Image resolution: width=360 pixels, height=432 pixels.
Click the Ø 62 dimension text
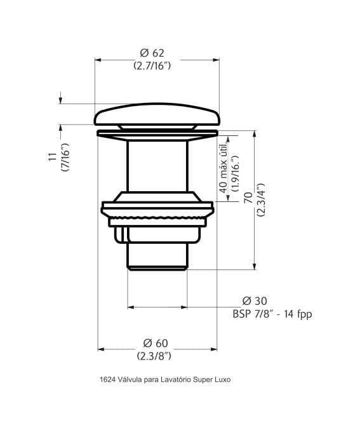pyautogui.click(x=152, y=53)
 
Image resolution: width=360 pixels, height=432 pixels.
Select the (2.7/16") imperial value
pyautogui.click(x=152, y=65)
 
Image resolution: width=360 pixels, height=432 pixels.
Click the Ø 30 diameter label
pyautogui.click(x=254, y=301)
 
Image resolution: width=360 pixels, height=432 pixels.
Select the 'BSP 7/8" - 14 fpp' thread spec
pyautogui.click(x=272, y=314)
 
